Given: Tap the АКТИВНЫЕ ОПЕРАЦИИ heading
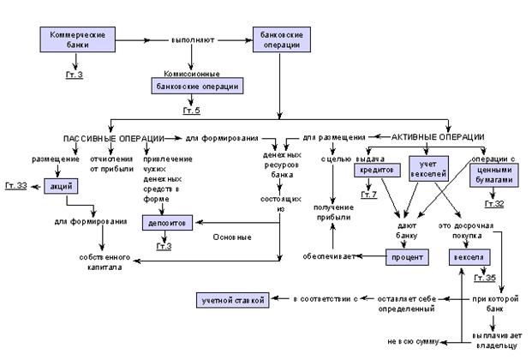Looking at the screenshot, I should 437,137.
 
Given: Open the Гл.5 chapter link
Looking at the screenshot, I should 192,111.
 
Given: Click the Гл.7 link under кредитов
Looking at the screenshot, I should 368,195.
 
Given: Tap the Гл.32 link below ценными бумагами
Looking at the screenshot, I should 494,204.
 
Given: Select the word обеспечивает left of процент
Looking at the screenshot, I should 329,256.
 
